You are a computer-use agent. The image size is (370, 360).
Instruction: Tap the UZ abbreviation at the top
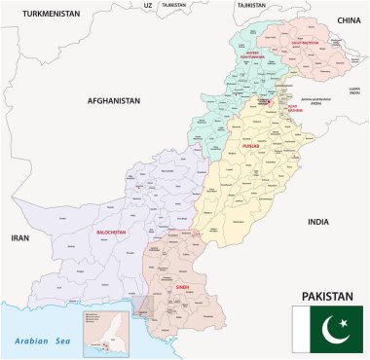coord(148,5)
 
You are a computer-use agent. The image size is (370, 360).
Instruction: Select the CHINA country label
coord(348,19)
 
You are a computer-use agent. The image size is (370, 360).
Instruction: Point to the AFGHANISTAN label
coord(114,100)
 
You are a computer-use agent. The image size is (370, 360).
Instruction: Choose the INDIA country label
coord(318,221)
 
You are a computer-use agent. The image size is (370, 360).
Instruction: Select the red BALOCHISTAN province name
coord(115,233)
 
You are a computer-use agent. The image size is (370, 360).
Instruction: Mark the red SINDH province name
coord(182,288)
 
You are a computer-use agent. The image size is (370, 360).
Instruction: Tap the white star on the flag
coord(343,322)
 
